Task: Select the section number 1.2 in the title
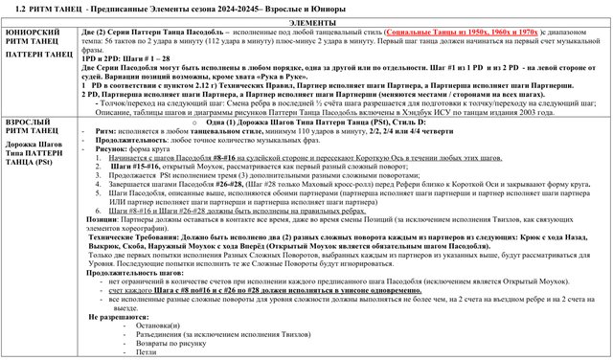[x=20, y=7]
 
